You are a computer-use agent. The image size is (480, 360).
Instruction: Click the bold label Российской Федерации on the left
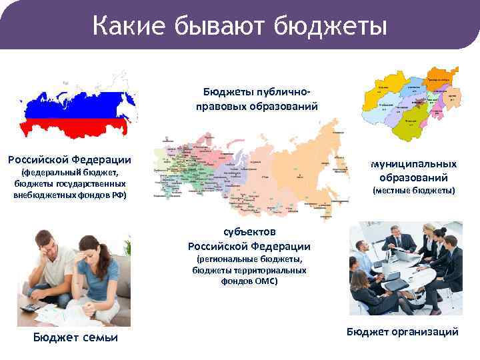click(69, 159)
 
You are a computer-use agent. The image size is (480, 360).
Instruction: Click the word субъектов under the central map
click(249, 232)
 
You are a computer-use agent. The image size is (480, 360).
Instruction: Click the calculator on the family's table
click(31, 307)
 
